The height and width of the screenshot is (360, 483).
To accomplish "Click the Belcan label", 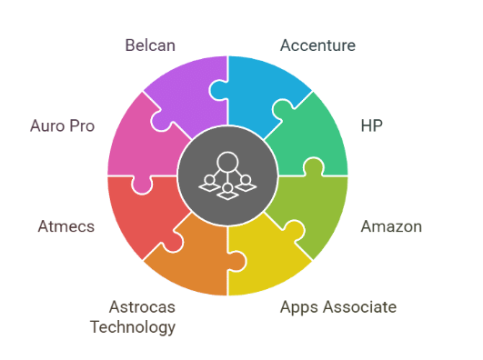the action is [x=150, y=45].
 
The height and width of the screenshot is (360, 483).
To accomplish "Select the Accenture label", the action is [x=317, y=45].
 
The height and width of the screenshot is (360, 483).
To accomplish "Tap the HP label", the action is [x=372, y=126].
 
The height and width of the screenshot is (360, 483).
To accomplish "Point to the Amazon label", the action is [x=391, y=226].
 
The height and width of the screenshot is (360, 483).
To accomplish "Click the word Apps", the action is [x=298, y=308].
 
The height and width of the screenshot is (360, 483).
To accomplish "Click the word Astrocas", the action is [x=142, y=307].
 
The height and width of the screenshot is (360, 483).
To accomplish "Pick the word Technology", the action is [x=133, y=327].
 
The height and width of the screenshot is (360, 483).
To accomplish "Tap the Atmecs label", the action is [x=65, y=226].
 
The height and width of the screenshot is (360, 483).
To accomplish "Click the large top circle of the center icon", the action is [x=227, y=163].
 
